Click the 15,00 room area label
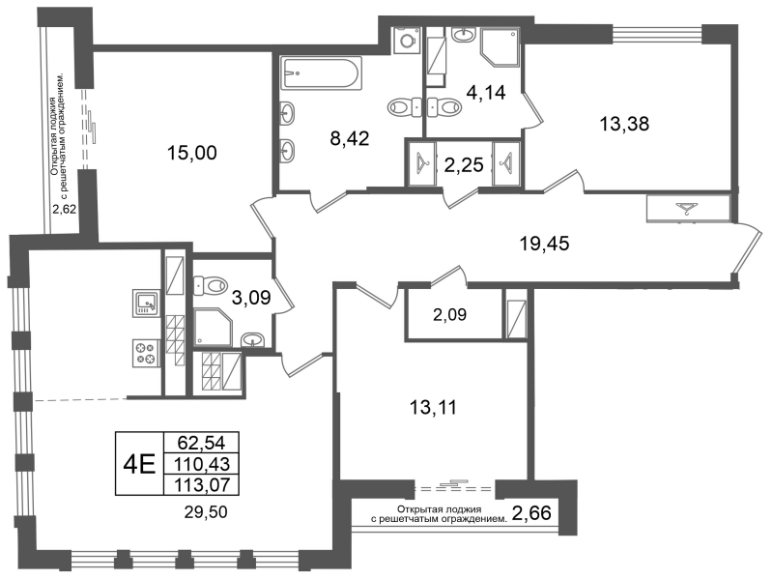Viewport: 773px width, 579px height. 191,153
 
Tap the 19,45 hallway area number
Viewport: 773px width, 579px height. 545,244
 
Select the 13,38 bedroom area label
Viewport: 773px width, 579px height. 624,124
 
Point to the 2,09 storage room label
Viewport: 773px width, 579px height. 449,314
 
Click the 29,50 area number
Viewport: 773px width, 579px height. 206,512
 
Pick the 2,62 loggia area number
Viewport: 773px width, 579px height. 65,209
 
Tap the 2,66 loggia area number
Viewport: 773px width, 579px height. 531,513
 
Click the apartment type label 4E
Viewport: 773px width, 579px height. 139,464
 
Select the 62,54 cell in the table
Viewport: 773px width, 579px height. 201,443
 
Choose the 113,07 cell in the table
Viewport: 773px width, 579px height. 201,485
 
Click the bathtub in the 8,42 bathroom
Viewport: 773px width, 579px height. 321,73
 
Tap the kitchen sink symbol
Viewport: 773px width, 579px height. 147,303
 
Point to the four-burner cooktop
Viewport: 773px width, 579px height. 146,353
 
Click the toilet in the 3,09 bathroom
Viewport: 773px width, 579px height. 211,285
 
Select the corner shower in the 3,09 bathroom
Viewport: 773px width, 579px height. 213,327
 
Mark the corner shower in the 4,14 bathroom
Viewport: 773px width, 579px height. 501,47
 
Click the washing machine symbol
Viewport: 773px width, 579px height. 407,39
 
